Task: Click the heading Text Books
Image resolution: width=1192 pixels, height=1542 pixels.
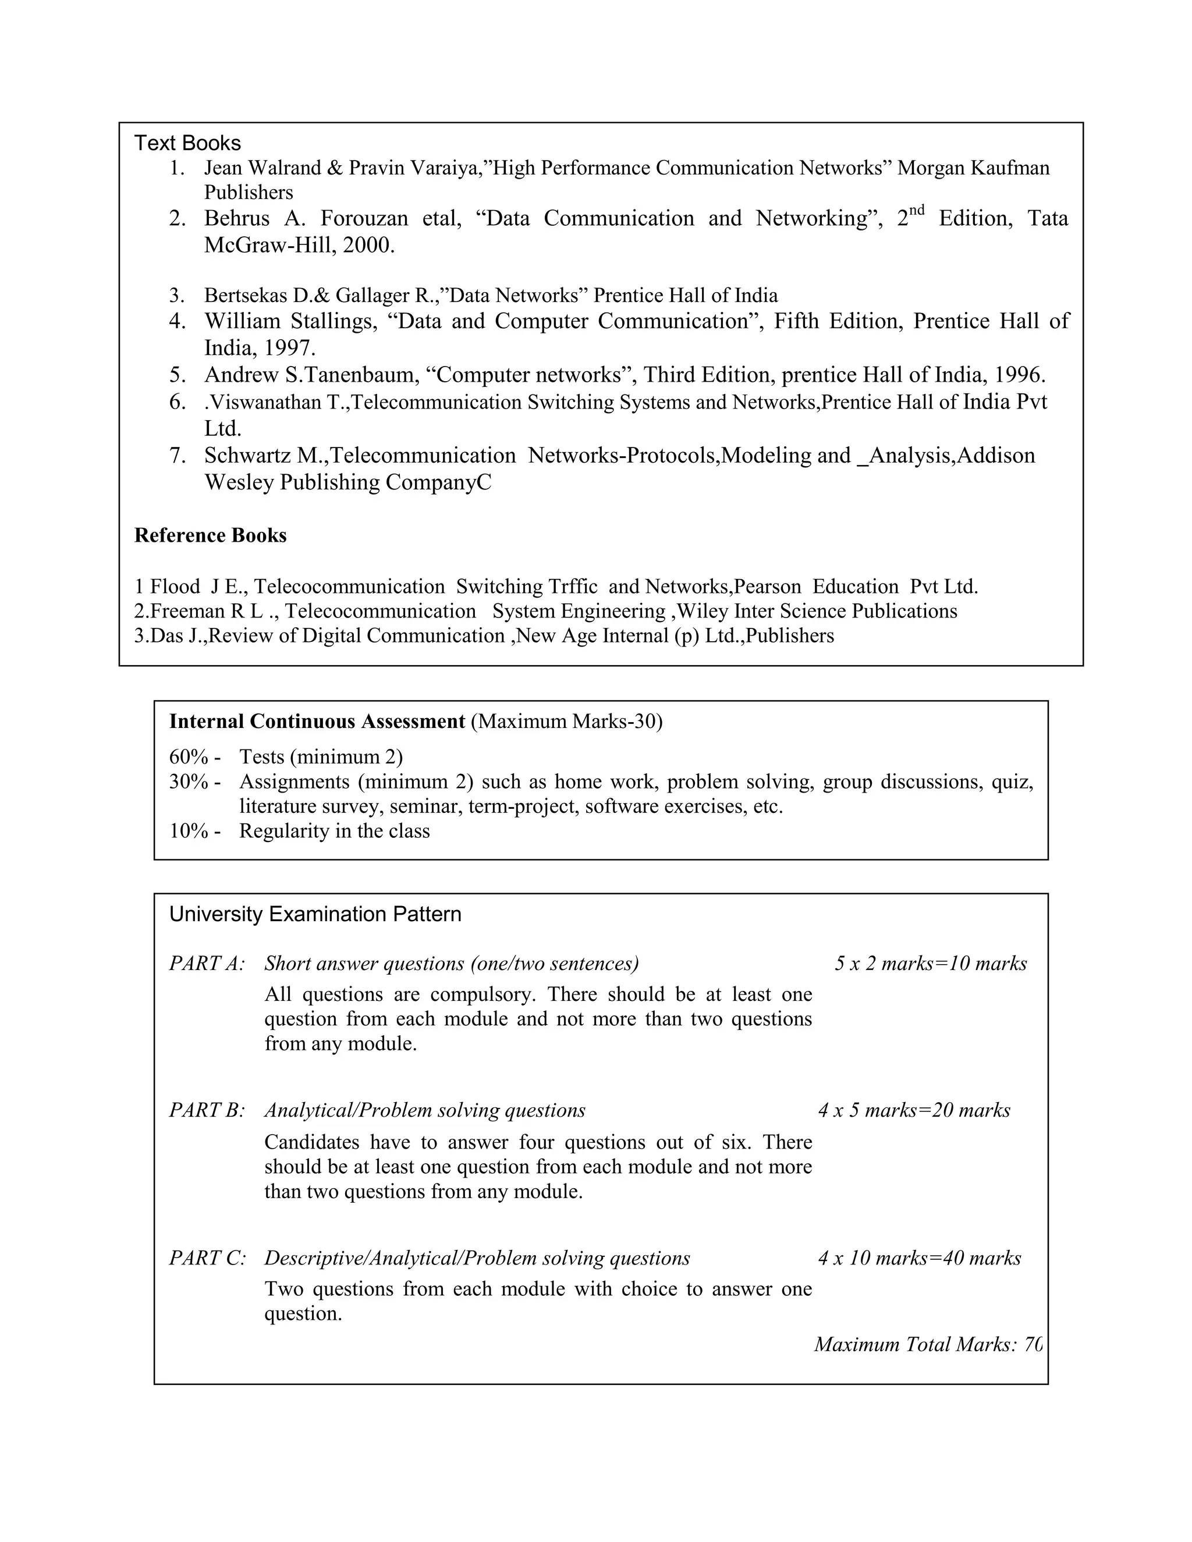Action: coord(187,143)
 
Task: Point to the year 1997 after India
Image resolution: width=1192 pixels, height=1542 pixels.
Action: coord(288,348)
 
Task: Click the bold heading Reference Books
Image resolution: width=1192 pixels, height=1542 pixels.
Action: coord(211,536)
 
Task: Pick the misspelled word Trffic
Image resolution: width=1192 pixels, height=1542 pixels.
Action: coord(572,587)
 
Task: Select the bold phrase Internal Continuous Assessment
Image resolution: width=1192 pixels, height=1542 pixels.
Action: coord(317,722)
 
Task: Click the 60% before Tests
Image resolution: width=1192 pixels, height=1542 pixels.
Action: coord(189,757)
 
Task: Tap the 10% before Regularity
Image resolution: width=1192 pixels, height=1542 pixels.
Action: coord(189,831)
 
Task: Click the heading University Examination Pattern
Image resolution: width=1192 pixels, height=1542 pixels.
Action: coord(315,914)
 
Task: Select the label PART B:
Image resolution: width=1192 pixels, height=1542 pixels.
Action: coord(207,1110)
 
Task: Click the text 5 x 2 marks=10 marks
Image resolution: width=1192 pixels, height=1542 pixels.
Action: coord(930,964)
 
